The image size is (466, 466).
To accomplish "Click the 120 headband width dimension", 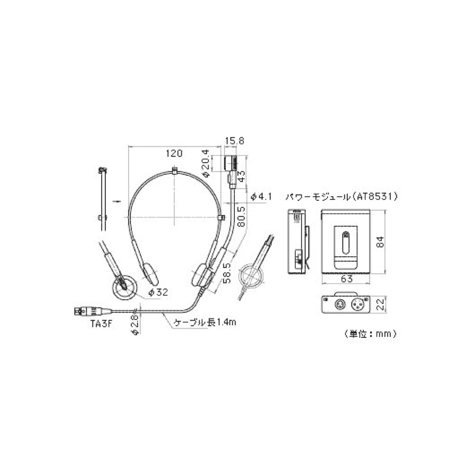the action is (x=174, y=153).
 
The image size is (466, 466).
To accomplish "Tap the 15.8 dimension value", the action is (x=235, y=141).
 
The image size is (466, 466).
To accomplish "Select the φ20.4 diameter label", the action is (x=206, y=163).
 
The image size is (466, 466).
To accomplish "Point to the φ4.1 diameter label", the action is (x=261, y=197).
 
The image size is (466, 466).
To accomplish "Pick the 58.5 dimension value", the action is (x=227, y=273).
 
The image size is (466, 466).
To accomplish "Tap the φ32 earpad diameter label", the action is (x=158, y=292).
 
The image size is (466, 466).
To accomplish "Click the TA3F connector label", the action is (x=101, y=324).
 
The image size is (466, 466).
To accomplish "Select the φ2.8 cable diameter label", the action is (x=135, y=324).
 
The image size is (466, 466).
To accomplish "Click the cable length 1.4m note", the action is (x=205, y=322).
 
